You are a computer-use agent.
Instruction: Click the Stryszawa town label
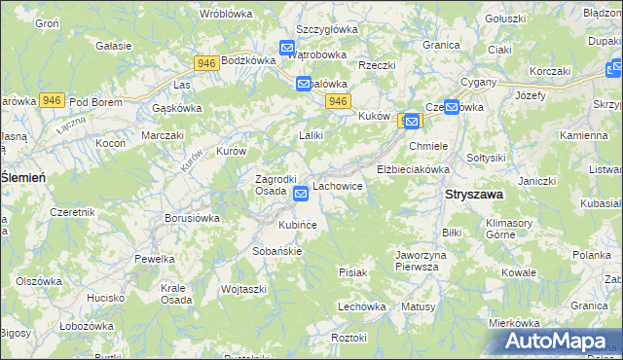click(x=474, y=194)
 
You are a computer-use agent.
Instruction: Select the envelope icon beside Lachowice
click(x=302, y=194)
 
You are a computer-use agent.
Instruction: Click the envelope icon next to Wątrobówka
click(x=287, y=47)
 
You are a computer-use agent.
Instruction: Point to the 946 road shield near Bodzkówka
click(x=205, y=63)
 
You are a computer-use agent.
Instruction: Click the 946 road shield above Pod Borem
click(x=53, y=100)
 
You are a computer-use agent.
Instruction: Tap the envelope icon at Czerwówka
click(x=451, y=107)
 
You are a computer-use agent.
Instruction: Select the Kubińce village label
click(x=298, y=225)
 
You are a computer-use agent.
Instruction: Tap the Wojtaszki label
click(x=243, y=289)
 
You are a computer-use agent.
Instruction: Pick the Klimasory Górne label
click(x=509, y=229)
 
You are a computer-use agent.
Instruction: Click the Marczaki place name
click(x=163, y=135)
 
